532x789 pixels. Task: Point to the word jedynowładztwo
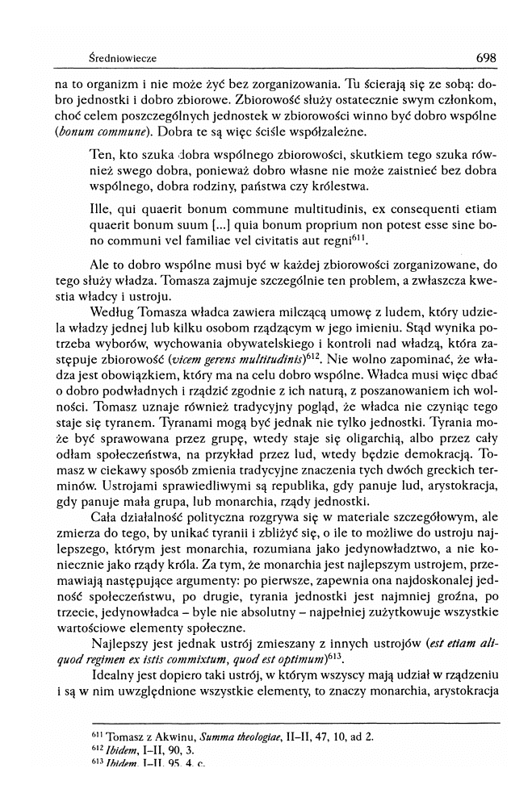click(x=363, y=550)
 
